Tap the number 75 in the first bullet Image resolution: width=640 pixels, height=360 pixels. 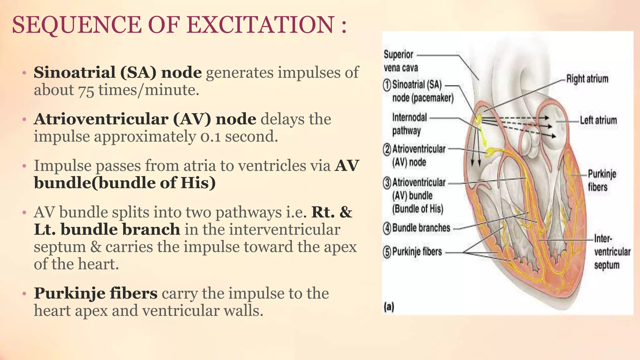[x=86, y=90]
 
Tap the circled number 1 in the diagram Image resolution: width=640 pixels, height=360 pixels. [x=387, y=85]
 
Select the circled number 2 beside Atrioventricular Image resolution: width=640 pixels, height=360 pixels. [x=387, y=150]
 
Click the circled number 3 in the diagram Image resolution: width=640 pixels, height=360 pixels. [x=387, y=183]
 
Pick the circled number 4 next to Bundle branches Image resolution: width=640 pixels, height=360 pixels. [x=387, y=228]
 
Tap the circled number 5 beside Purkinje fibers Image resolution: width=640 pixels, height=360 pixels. [x=387, y=252]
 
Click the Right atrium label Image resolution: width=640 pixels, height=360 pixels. [x=587, y=79]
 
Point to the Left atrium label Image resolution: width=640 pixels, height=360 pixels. [x=598, y=120]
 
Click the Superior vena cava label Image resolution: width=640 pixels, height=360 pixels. [x=400, y=61]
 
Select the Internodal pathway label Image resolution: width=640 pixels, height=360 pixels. [x=409, y=124]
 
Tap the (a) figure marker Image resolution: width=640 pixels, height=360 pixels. [x=389, y=307]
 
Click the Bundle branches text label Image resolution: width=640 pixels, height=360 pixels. [x=421, y=228]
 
